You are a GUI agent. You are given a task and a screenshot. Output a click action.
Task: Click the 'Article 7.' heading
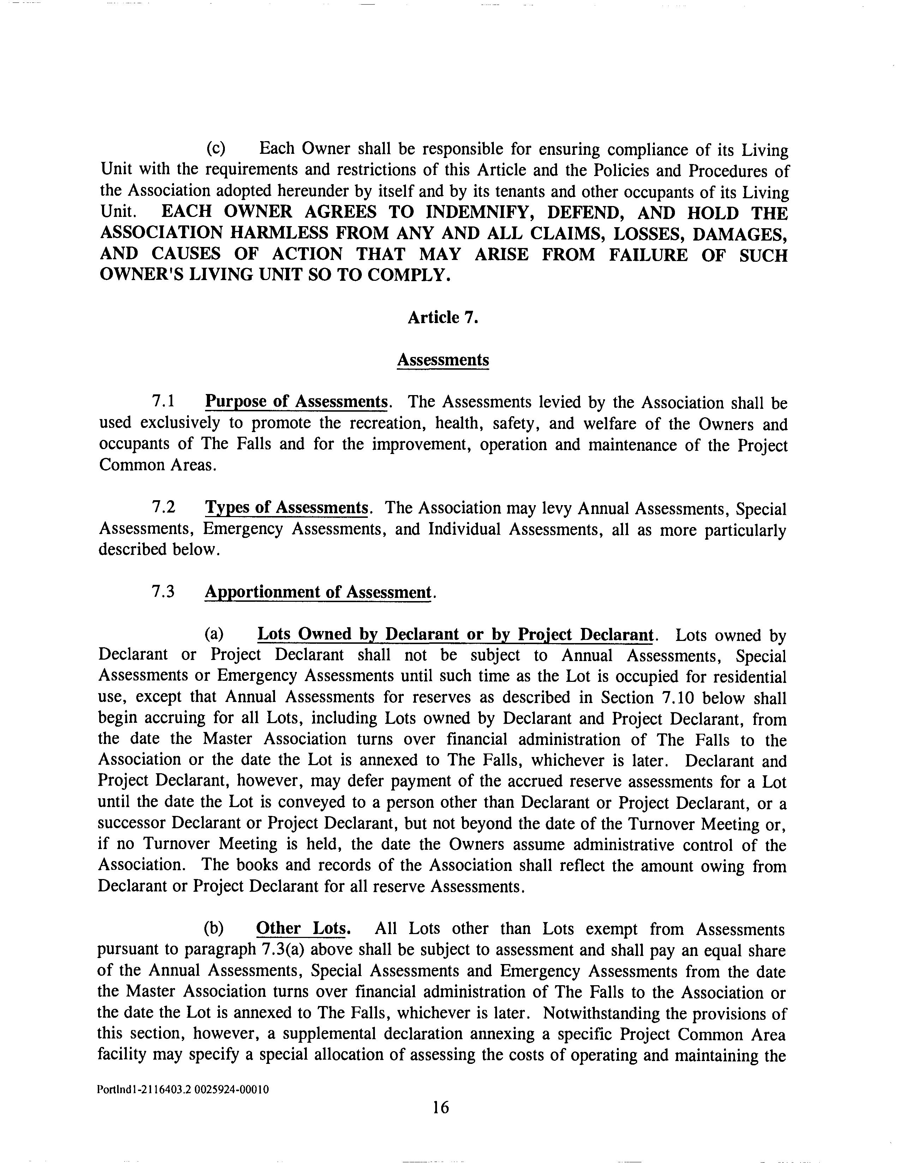click(x=442, y=317)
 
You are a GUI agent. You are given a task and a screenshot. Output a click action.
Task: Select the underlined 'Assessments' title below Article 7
click(x=443, y=360)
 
